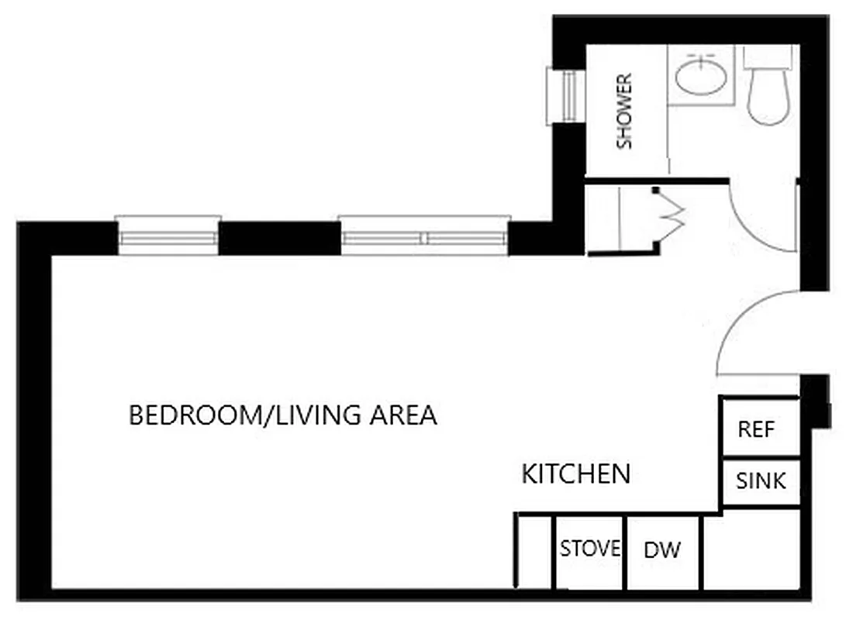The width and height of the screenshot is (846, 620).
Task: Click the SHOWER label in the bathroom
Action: coord(624,111)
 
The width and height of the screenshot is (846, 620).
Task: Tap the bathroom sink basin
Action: coord(700,77)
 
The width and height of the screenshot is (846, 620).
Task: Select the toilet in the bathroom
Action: coord(767,89)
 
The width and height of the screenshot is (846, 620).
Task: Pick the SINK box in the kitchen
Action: coord(760,481)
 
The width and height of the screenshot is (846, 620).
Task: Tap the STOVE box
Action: coord(590,549)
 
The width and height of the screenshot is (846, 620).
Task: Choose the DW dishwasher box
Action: coord(662,550)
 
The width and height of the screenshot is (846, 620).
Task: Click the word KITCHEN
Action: coord(575,474)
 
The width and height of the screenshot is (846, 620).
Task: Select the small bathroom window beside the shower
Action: coord(565,96)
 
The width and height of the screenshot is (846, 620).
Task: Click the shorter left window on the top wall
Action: coord(167,236)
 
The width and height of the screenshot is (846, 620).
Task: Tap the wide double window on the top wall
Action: coord(425,236)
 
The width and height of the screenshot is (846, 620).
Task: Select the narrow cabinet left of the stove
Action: coord(534,550)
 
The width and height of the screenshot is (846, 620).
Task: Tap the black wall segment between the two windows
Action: coord(279,238)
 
